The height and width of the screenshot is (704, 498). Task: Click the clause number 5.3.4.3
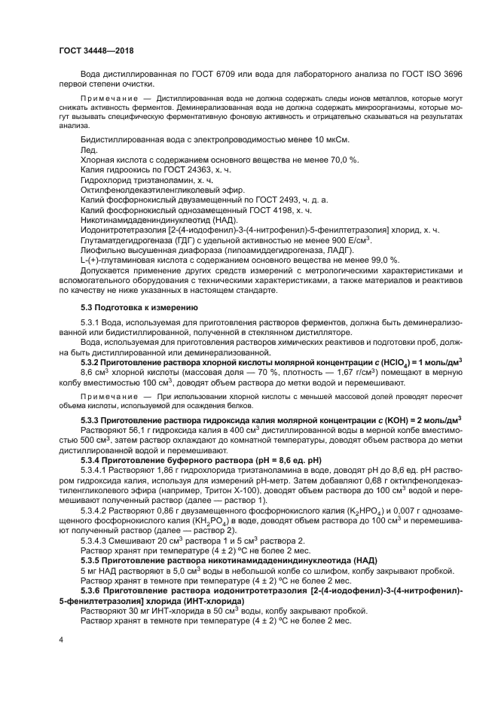coord(96,540)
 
